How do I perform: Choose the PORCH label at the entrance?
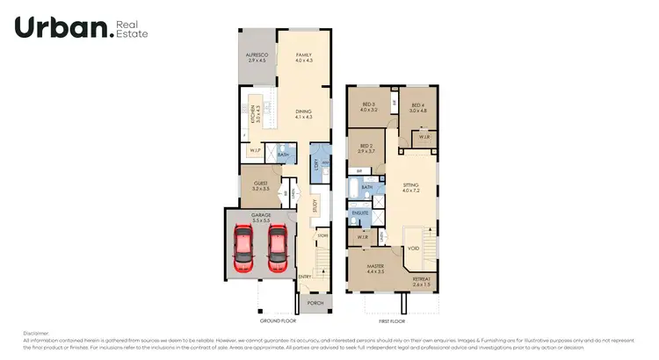(314, 305)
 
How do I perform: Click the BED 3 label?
(368, 106)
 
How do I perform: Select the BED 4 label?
(417, 106)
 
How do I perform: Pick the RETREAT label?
(422, 281)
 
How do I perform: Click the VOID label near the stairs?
(413, 248)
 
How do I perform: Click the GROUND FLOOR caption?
(276, 322)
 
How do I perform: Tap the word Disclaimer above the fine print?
(36, 333)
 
